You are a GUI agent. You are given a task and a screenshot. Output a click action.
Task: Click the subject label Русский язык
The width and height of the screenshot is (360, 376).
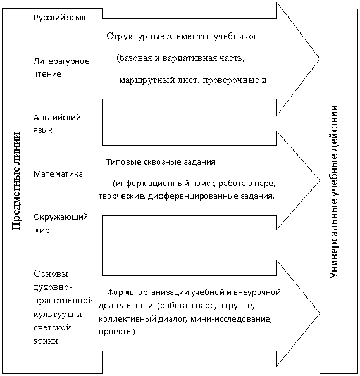(x=59, y=18)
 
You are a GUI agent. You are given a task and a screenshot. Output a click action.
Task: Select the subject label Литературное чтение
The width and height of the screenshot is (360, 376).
(x=61, y=67)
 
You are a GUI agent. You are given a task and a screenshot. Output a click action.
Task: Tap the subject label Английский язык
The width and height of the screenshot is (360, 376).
(x=57, y=123)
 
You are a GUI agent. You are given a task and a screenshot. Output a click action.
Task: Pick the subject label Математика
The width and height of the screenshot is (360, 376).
(x=58, y=173)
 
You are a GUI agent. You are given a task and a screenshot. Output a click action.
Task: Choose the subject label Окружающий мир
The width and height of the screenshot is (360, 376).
(x=61, y=223)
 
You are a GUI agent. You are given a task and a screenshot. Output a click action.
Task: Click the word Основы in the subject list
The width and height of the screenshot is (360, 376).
(x=51, y=273)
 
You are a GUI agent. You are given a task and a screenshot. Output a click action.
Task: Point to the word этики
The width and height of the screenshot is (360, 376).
(x=46, y=341)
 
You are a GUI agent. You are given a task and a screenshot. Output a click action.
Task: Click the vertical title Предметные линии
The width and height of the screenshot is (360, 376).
(x=16, y=181)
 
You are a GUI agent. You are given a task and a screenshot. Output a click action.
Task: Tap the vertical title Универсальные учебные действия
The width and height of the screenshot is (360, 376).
(x=333, y=191)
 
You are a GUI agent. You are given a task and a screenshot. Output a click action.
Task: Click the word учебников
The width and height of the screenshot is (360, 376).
(x=236, y=37)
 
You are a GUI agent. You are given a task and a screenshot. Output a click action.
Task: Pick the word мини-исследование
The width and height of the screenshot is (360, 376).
(x=231, y=319)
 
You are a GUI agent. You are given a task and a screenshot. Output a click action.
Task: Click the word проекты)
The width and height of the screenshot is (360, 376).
(x=117, y=332)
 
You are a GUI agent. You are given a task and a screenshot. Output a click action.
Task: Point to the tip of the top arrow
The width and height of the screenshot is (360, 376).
(x=320, y=59)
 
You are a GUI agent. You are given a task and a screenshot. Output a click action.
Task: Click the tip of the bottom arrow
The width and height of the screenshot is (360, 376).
(x=320, y=313)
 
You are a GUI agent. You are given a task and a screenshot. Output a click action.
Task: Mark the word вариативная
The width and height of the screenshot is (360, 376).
(x=189, y=58)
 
